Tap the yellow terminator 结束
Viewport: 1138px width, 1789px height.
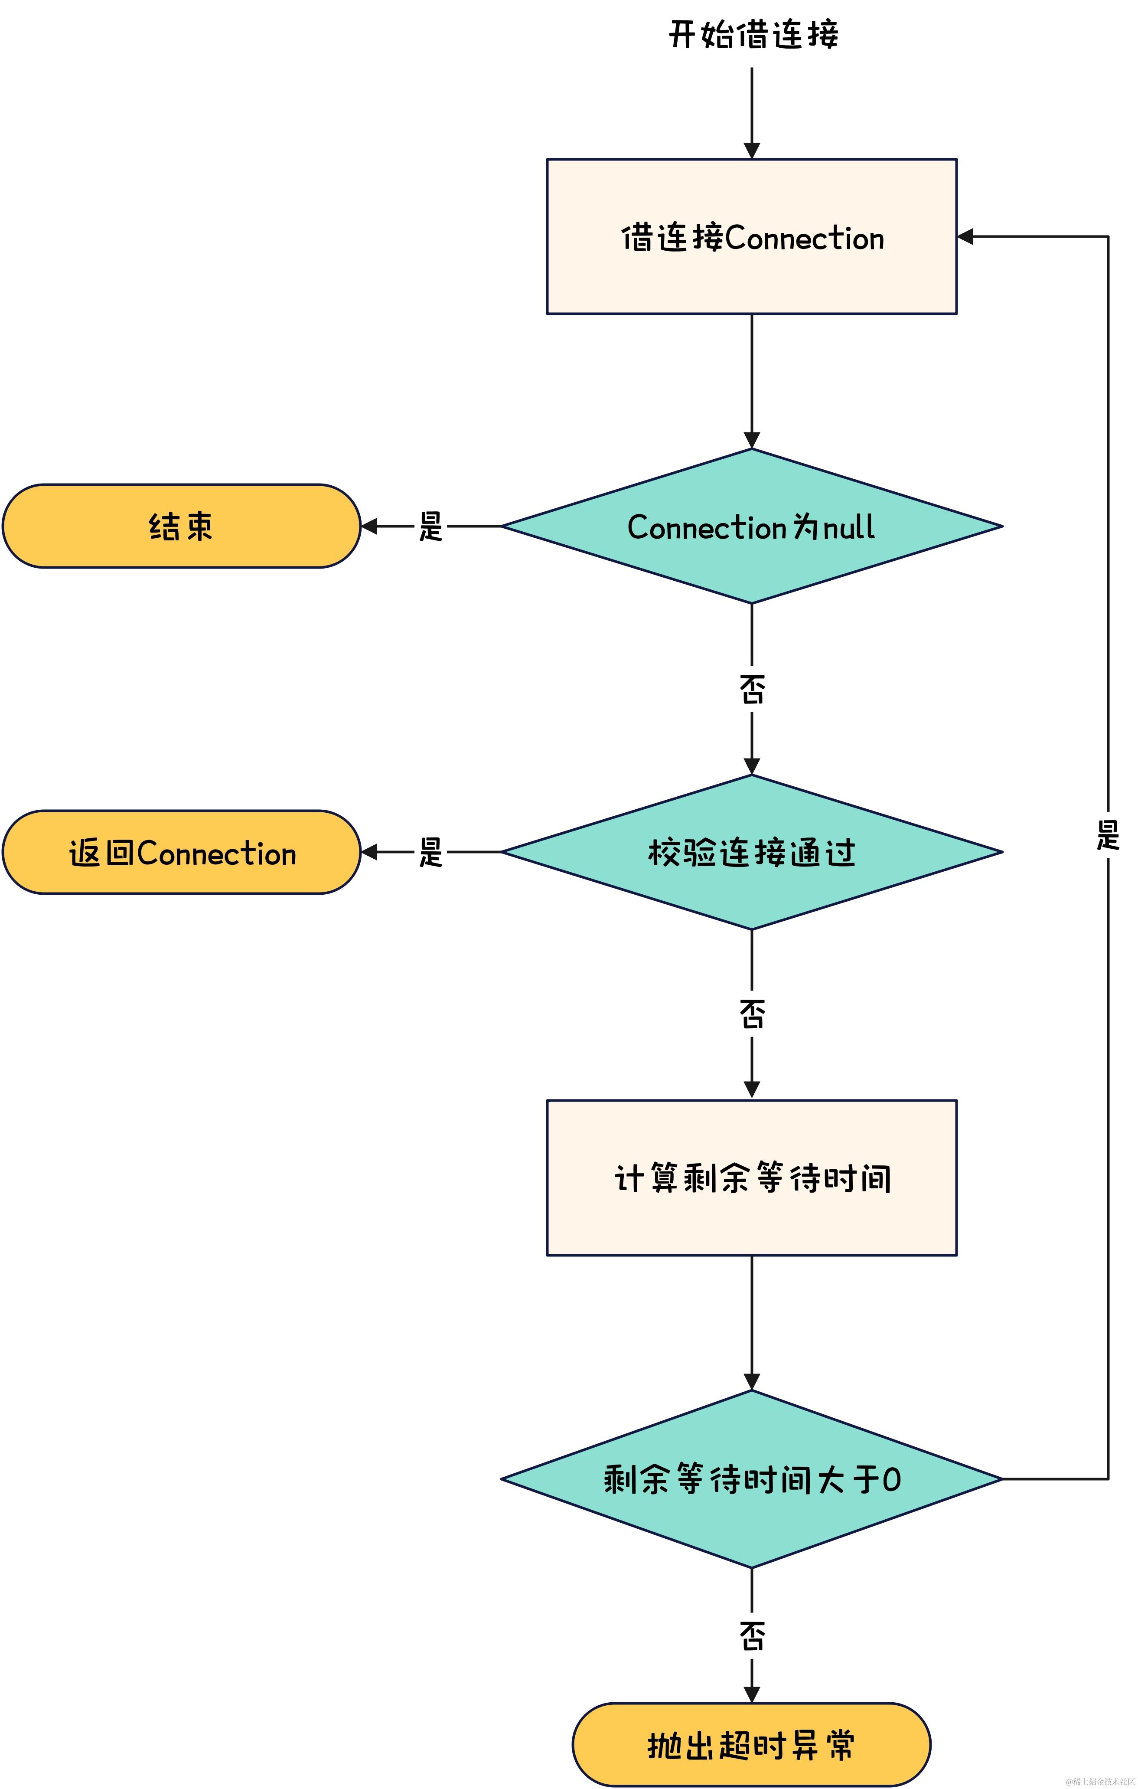coord(181,526)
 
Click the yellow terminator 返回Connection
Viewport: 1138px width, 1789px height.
coord(181,852)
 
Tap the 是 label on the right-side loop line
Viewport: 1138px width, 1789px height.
coord(1108,835)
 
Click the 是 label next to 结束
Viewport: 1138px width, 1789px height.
coord(431,526)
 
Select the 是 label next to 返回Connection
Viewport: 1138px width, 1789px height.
coord(431,852)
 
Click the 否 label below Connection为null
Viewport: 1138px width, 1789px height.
coord(752,689)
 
